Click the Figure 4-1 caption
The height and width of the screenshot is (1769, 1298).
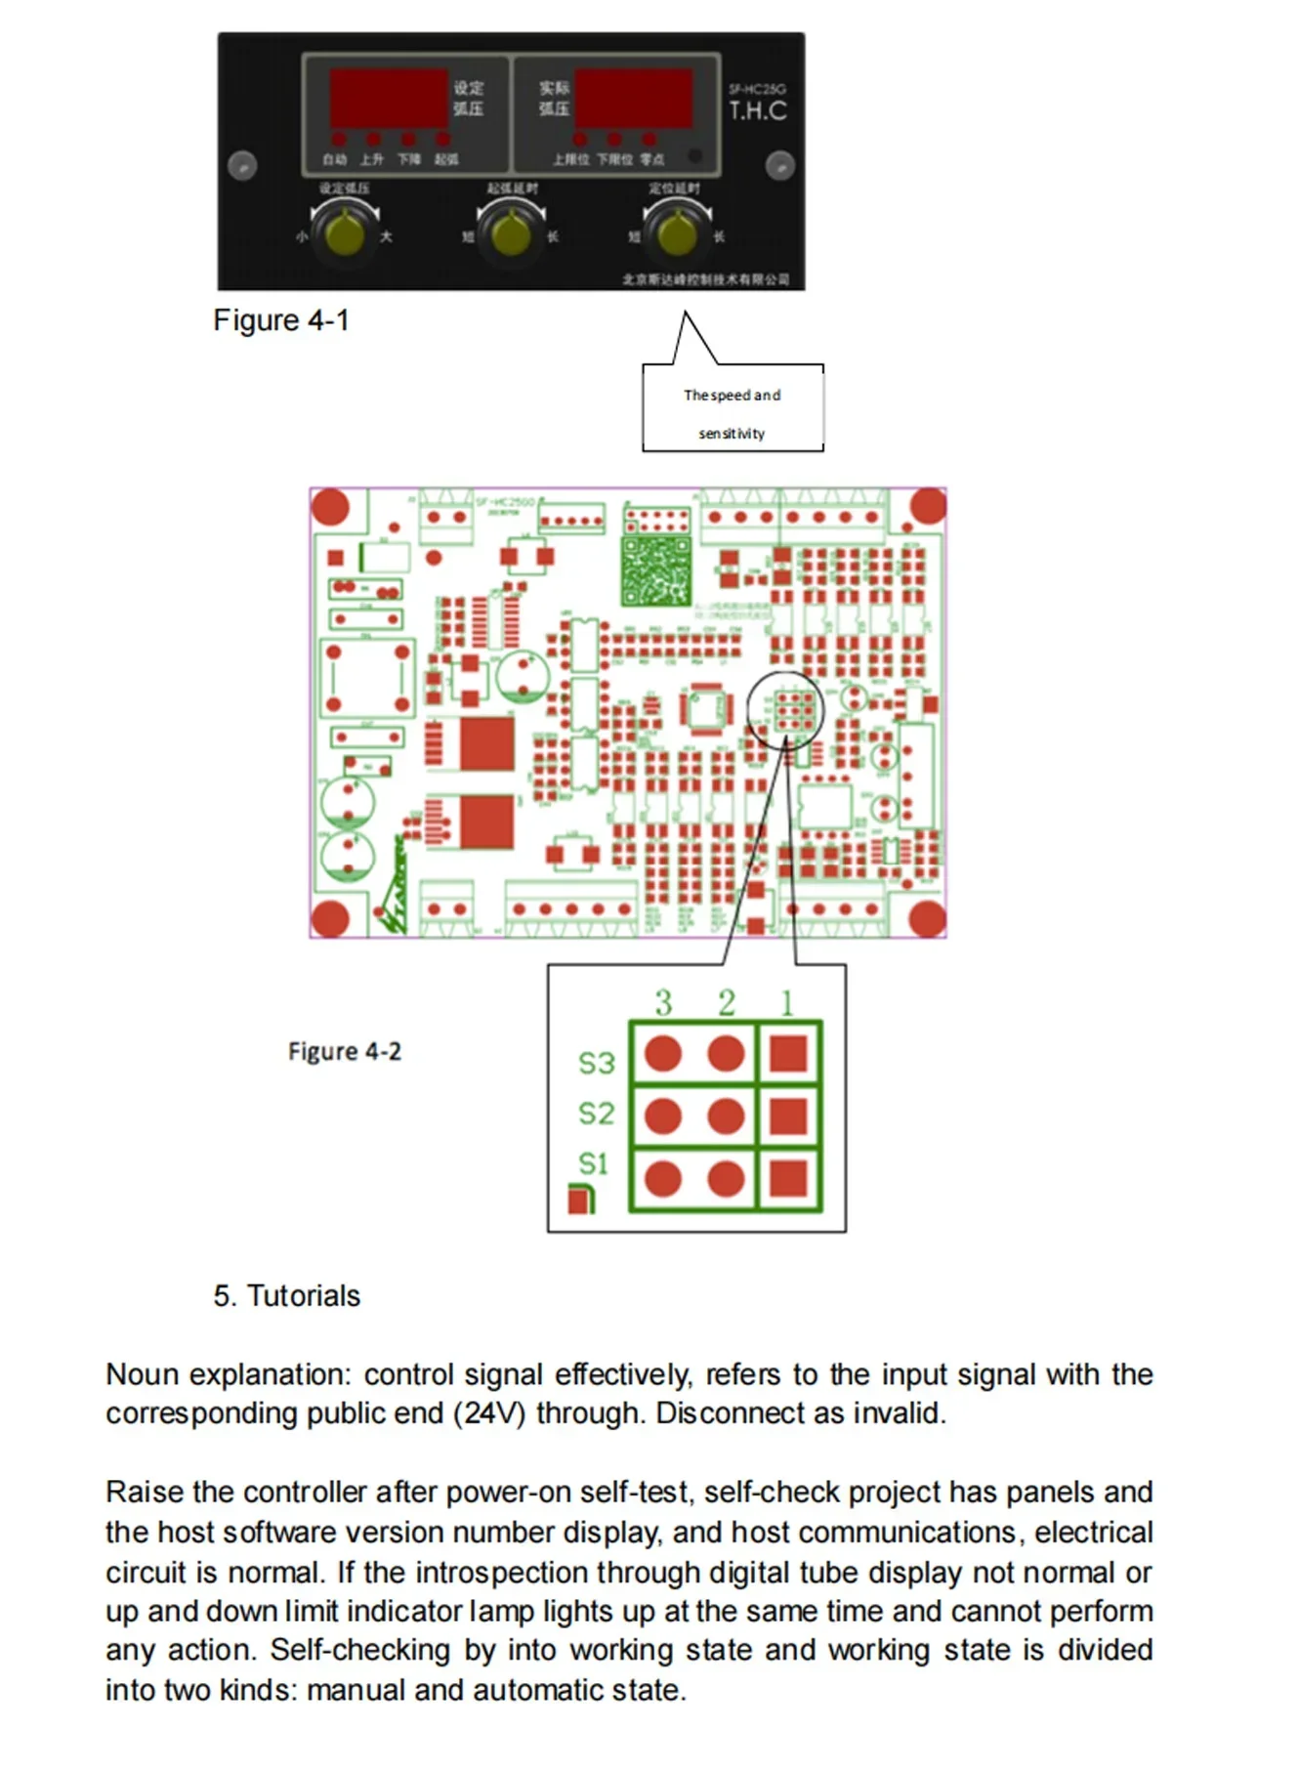[280, 320]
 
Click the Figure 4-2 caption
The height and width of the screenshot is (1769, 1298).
[344, 1052]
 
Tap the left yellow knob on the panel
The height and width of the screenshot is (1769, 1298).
[344, 232]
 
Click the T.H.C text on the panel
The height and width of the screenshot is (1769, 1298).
[757, 110]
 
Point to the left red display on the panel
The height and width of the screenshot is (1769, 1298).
[388, 98]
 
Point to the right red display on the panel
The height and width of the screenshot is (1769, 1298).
[633, 98]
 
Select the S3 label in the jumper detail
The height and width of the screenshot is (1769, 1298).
[596, 1063]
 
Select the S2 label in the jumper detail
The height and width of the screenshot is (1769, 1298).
[596, 1114]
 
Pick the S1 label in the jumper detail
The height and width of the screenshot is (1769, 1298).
[594, 1163]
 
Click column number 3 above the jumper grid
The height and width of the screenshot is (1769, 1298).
[664, 1003]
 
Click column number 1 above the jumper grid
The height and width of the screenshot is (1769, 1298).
[787, 1003]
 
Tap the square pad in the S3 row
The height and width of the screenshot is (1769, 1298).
[788, 1054]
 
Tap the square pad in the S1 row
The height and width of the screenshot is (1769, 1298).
[788, 1178]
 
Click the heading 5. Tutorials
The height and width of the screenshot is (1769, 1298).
[286, 1296]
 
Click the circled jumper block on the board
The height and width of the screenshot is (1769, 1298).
[786, 710]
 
